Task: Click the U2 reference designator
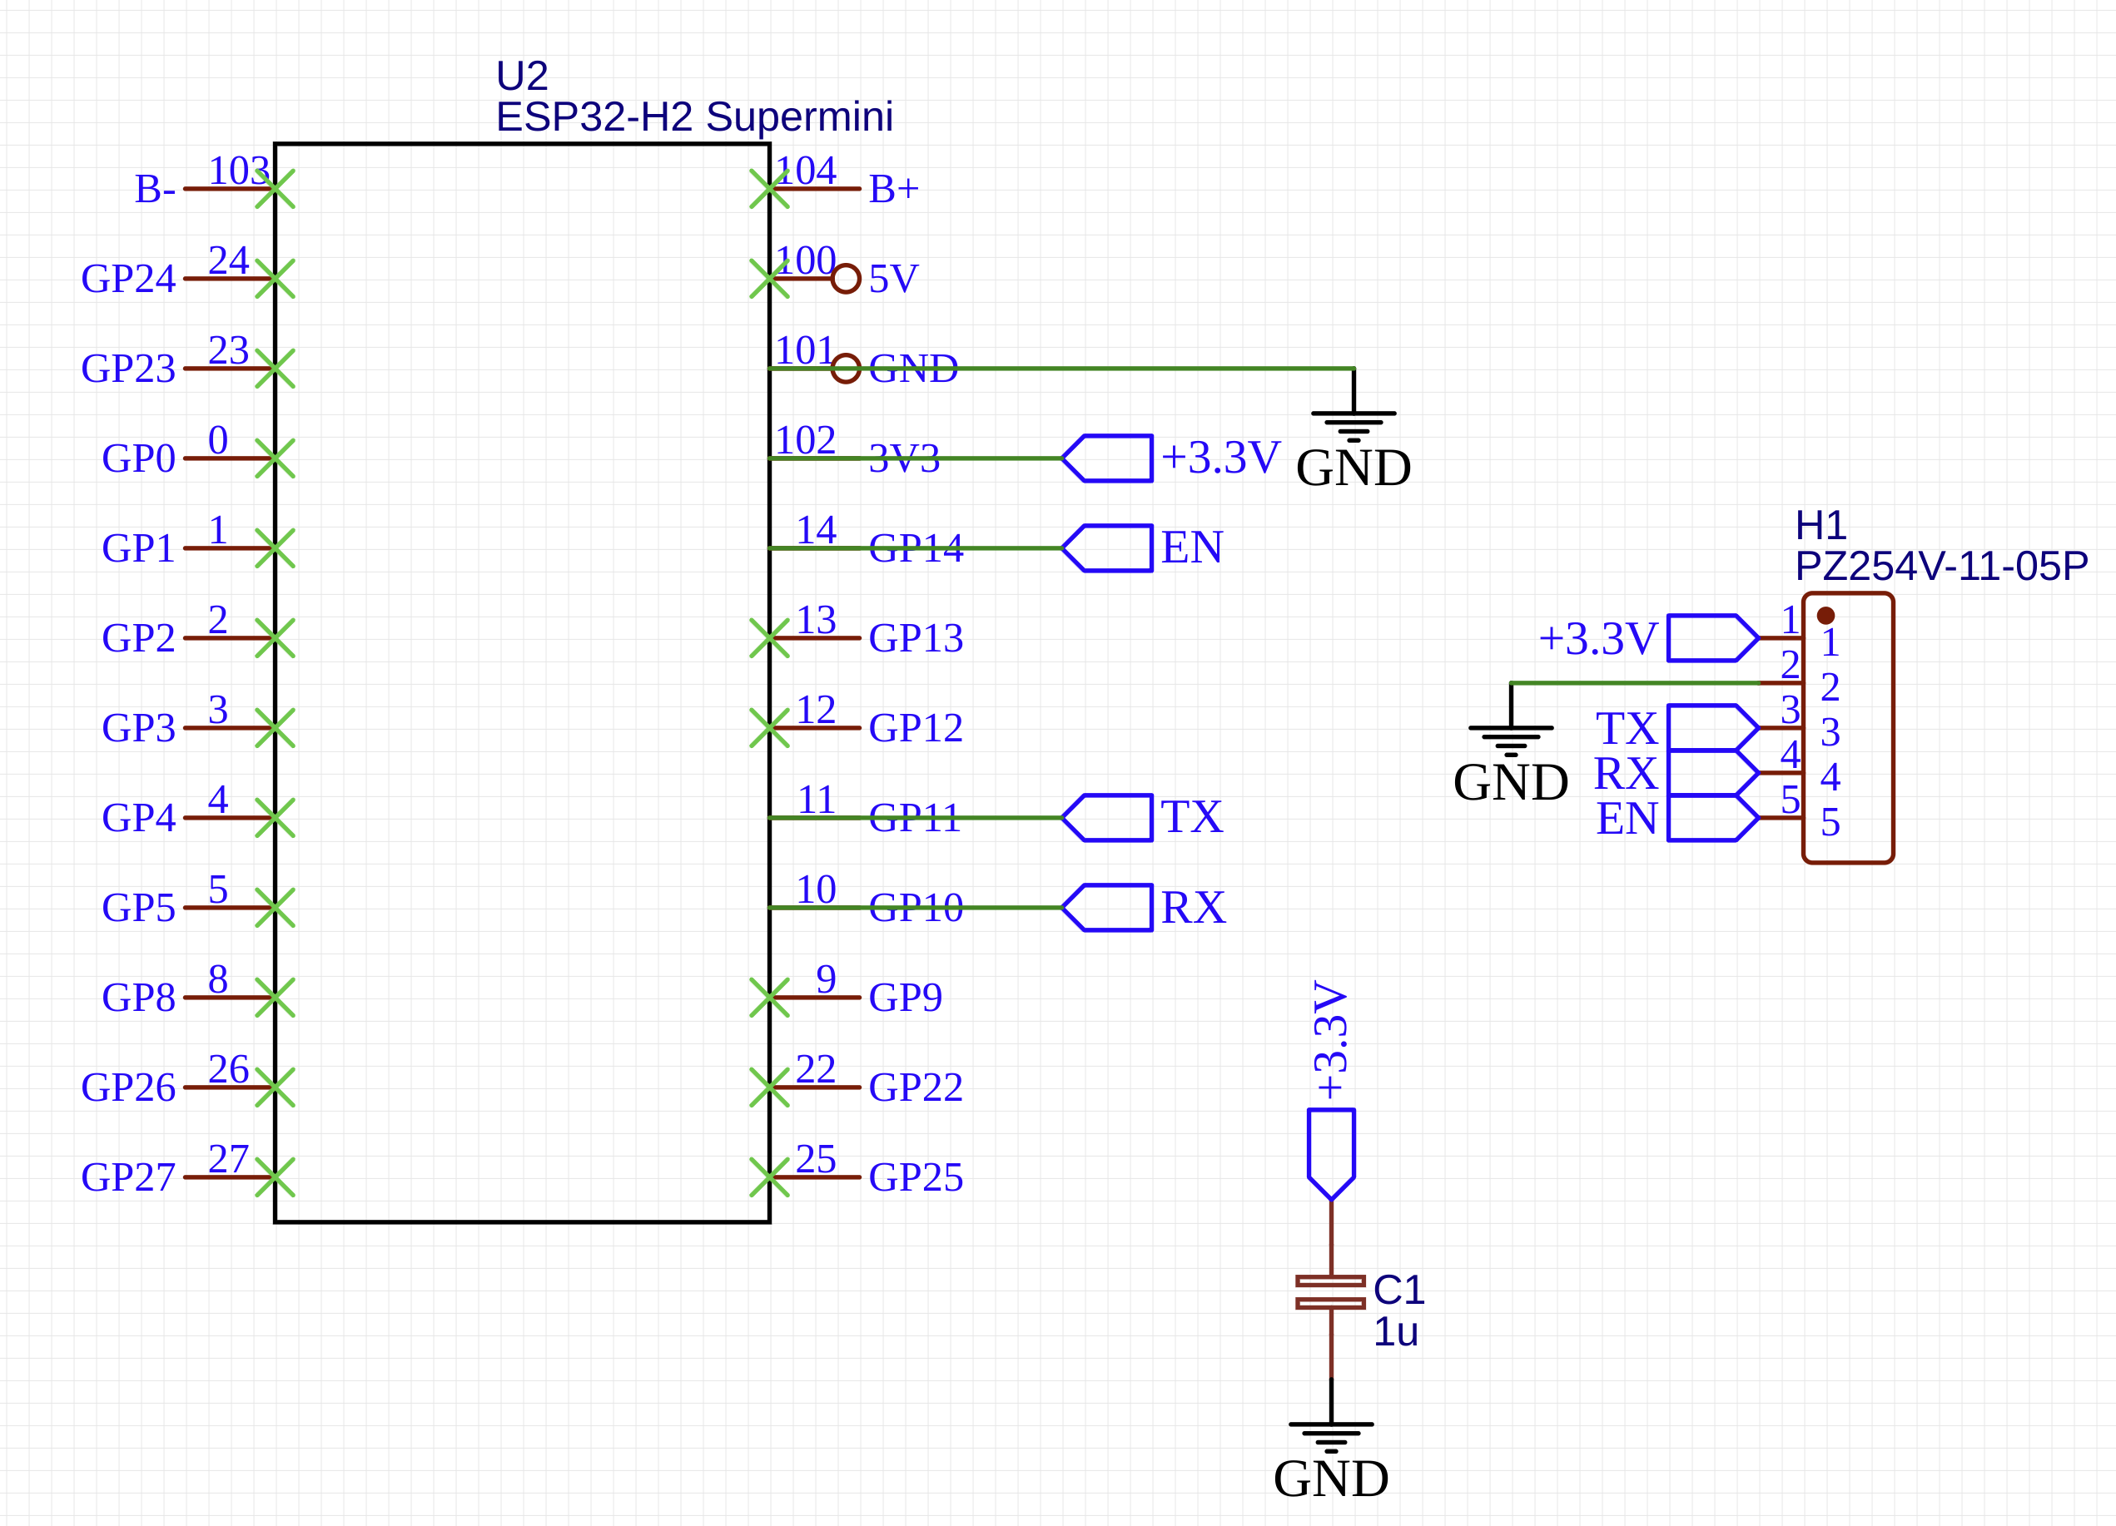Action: coord(522,76)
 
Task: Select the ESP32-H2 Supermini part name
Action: coord(694,116)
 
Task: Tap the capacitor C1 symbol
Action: coord(1330,1292)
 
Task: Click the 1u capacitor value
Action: coord(1396,1332)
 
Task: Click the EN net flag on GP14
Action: coord(1107,548)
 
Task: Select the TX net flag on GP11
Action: coord(1107,818)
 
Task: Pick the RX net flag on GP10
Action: coord(1107,908)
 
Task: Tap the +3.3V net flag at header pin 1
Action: coord(1713,638)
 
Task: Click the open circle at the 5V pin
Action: coord(845,279)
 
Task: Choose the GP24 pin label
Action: coord(129,279)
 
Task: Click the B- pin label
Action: coord(155,190)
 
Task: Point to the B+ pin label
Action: coord(894,190)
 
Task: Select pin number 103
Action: coord(239,171)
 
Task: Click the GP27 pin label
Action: coord(129,1177)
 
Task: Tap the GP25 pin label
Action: coord(916,1177)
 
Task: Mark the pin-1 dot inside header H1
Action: coord(1825,616)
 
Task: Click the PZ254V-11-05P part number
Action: coord(1940,566)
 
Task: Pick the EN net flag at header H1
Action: coord(1713,818)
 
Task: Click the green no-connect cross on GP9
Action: coord(770,998)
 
